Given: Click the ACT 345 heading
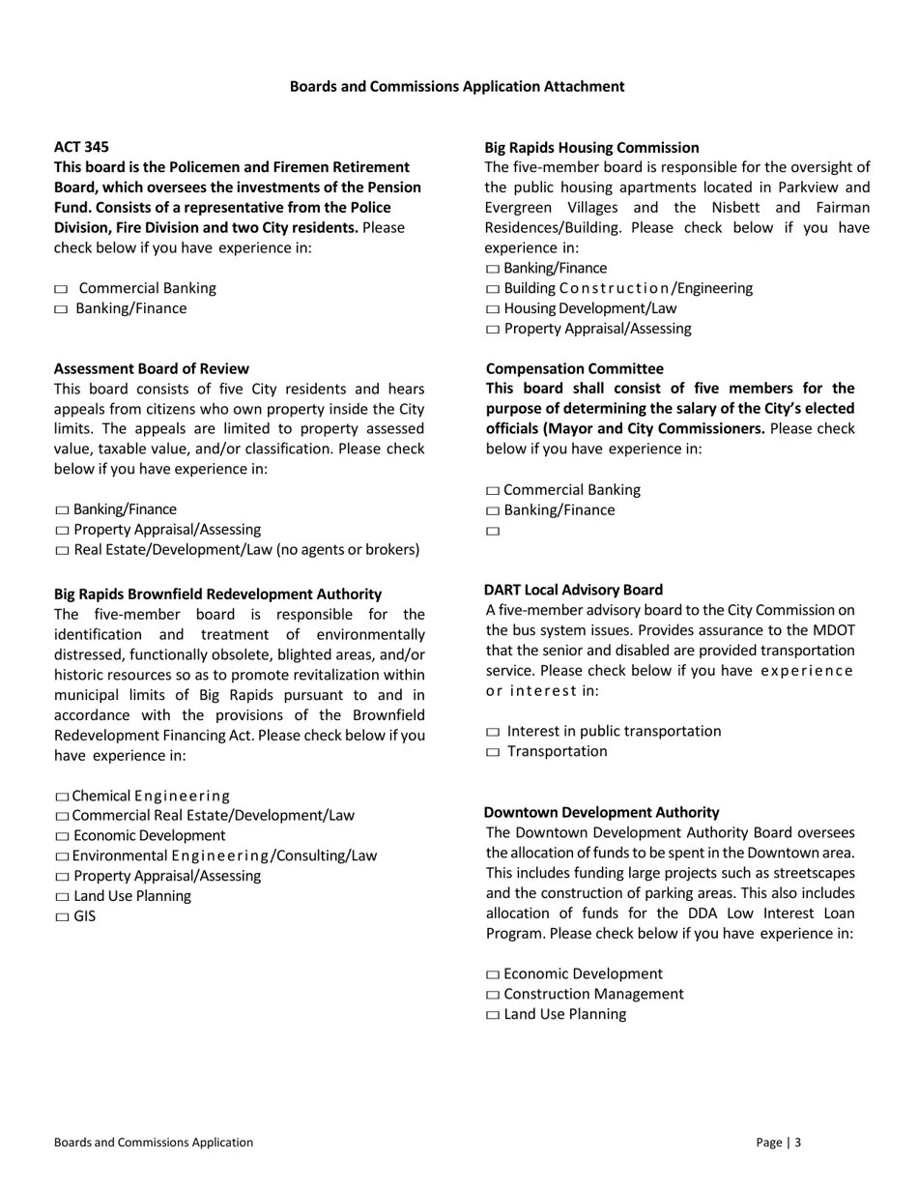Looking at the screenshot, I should click(81, 147).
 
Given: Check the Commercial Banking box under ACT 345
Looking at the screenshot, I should click(62, 289).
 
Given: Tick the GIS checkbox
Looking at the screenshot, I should click(63, 917).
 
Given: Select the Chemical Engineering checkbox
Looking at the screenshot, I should click(63, 797).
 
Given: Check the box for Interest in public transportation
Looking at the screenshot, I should click(493, 733).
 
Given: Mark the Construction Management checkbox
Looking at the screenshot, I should click(493, 996).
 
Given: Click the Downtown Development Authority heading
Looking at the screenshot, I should click(601, 813).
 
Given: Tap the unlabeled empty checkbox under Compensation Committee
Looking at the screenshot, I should click(493, 532).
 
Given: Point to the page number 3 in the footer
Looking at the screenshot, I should click(798, 1143).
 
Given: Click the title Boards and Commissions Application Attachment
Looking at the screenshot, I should click(457, 87).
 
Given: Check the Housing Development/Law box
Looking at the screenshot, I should click(493, 310).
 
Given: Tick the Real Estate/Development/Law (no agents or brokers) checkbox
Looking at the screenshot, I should click(63, 551).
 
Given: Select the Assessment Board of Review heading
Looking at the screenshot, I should click(151, 369).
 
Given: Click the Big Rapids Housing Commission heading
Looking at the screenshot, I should click(591, 148).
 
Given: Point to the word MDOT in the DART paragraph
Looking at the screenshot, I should click(834, 630).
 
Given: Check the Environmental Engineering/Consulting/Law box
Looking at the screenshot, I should click(63, 857).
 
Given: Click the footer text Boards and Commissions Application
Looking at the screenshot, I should click(154, 1143).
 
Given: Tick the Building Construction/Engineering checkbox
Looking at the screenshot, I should click(493, 290).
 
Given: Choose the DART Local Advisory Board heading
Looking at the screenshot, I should click(573, 590).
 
